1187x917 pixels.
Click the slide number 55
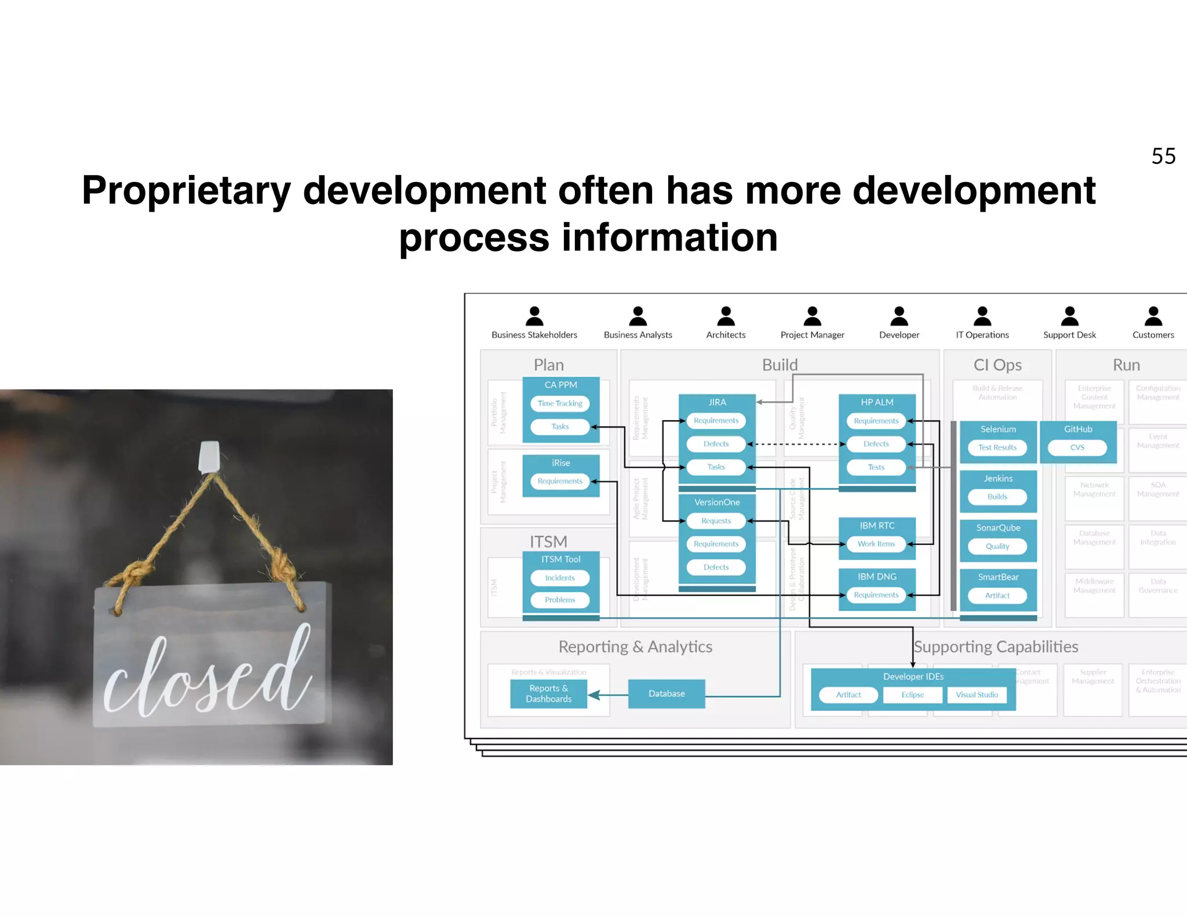1163,156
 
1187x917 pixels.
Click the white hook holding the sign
209,456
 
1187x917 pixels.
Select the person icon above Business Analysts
638,316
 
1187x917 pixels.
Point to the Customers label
1153,335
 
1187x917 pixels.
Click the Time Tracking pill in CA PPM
560,403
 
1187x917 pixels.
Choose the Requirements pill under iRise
560,481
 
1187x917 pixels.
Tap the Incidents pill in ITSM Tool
560,578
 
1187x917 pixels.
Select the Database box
667,694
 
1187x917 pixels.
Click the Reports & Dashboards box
548,694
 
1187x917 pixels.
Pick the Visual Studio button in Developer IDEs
977,695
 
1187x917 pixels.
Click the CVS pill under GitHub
1077,447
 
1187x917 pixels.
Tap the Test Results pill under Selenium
997,447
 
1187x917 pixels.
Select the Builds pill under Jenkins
997,497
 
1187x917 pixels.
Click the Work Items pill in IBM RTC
876,544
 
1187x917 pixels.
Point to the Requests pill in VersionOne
716,521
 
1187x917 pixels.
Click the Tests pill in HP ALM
876,467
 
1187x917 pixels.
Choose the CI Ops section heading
997,365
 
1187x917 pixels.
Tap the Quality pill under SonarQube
997,546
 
